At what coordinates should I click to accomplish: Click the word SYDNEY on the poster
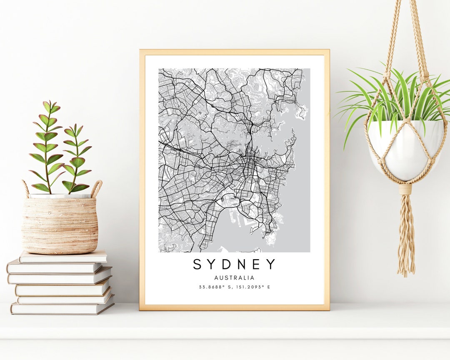point(234,264)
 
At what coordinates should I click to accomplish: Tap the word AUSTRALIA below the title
point(234,278)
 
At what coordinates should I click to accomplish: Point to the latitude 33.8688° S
point(215,287)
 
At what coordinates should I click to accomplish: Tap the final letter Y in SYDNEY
point(271,264)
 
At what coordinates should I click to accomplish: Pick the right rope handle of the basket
point(97,188)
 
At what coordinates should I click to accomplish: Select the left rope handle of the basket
point(25,188)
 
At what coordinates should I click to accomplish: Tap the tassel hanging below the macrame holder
point(406,237)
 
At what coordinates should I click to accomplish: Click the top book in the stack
point(62,257)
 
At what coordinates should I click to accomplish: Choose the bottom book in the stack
point(62,309)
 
